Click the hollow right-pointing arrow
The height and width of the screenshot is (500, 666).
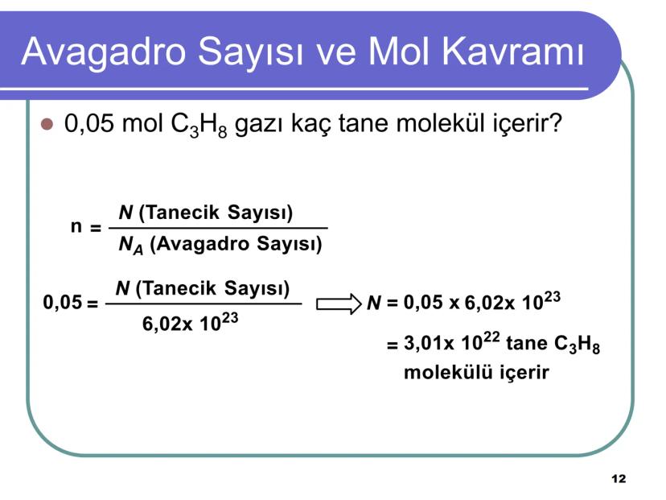(x=339, y=304)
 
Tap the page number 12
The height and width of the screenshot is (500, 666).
(x=618, y=479)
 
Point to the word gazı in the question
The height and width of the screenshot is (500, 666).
(x=261, y=127)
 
